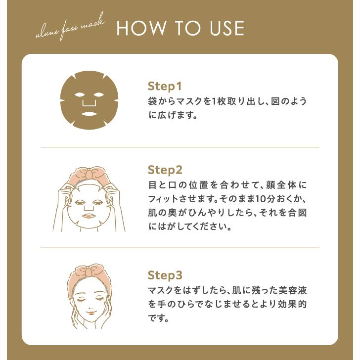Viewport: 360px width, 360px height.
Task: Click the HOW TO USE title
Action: (x=180, y=28)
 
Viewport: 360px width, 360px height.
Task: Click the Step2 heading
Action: (x=165, y=170)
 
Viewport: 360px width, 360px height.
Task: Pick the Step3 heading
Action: (x=165, y=275)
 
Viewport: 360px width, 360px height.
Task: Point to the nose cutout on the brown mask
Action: (x=89, y=101)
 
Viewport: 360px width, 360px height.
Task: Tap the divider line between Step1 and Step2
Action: (x=180, y=147)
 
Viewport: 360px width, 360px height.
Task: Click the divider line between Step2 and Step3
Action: (x=180, y=248)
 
